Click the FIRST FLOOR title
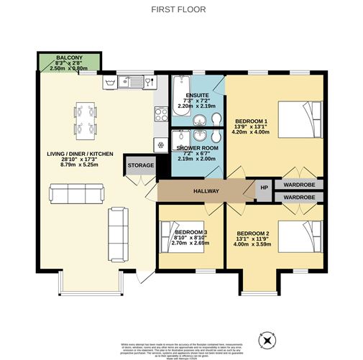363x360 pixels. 181,9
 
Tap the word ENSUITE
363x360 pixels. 197,96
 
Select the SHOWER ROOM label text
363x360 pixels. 198,147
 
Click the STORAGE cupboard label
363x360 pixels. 141,165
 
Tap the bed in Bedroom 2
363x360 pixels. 299,237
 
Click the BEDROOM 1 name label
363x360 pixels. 252,121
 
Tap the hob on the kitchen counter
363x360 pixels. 160,114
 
